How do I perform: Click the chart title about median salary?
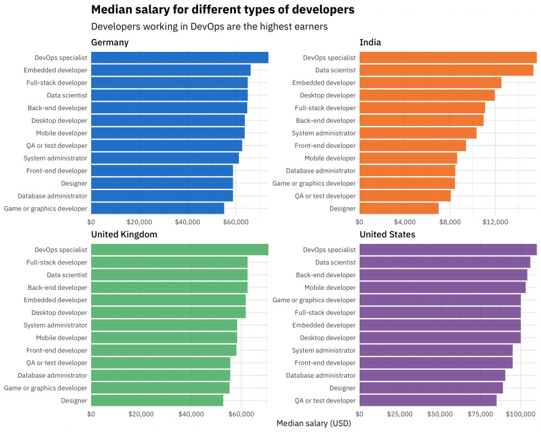pyautogui.click(x=222, y=10)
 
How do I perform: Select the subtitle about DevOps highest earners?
pyautogui.click(x=209, y=27)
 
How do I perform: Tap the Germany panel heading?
pyautogui.click(x=110, y=42)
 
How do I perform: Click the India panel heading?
pyautogui.click(x=370, y=42)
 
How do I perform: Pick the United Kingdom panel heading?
pyautogui.click(x=124, y=234)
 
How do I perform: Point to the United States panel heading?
pyautogui.click(x=387, y=234)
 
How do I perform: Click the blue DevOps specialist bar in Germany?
pyautogui.click(x=179, y=58)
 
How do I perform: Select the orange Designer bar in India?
pyautogui.click(x=399, y=209)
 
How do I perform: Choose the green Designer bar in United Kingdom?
pyautogui.click(x=157, y=401)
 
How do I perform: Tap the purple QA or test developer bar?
pyautogui.click(x=428, y=401)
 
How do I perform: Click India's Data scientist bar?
pyautogui.click(x=446, y=70)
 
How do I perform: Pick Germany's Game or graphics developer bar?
pyautogui.click(x=157, y=209)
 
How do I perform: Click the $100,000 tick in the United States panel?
pyautogui.click(x=520, y=413)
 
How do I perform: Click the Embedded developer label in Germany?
pyautogui.click(x=55, y=70)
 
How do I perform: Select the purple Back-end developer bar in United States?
pyautogui.click(x=443, y=275)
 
